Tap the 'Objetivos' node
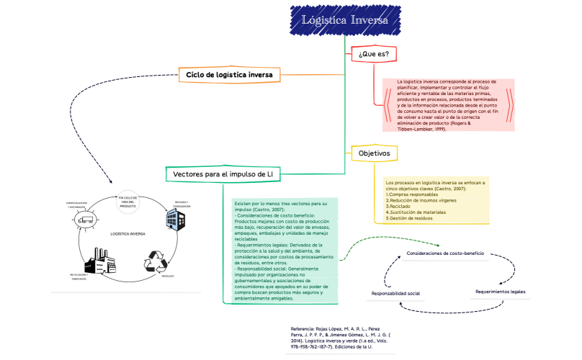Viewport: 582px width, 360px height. [x=374, y=153]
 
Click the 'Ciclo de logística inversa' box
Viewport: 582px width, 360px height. [x=229, y=73]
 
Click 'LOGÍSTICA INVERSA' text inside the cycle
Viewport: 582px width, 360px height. [x=127, y=234]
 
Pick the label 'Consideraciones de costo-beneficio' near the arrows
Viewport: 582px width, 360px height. [x=445, y=253]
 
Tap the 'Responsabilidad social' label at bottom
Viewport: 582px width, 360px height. [x=395, y=294]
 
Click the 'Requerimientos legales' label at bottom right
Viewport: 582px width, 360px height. [x=500, y=292]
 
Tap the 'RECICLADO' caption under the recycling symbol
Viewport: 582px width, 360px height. [x=167, y=276]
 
